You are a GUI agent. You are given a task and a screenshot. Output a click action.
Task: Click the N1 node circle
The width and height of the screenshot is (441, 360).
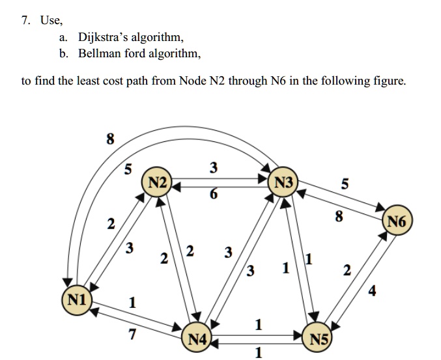tap(77, 300)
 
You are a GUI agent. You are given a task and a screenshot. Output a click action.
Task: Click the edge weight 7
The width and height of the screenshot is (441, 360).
tap(133, 335)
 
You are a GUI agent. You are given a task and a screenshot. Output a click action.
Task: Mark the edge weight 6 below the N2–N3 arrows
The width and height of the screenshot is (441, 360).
tap(214, 195)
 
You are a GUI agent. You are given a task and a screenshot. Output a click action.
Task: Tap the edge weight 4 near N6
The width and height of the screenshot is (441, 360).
tap(372, 290)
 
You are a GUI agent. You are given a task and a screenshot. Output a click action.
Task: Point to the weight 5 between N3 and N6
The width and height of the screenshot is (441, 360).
tap(345, 185)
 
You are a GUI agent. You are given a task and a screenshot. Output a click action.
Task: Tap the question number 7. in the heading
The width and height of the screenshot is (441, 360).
tap(25, 20)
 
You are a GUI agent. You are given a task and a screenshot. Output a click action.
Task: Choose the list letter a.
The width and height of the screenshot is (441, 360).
tap(63, 37)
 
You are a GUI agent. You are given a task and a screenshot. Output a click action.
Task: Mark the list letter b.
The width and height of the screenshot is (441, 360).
tap(63, 53)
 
